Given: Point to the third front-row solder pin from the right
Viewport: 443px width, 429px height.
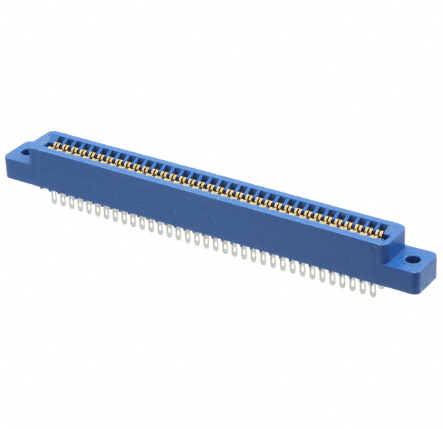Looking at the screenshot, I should (x=352, y=282).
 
